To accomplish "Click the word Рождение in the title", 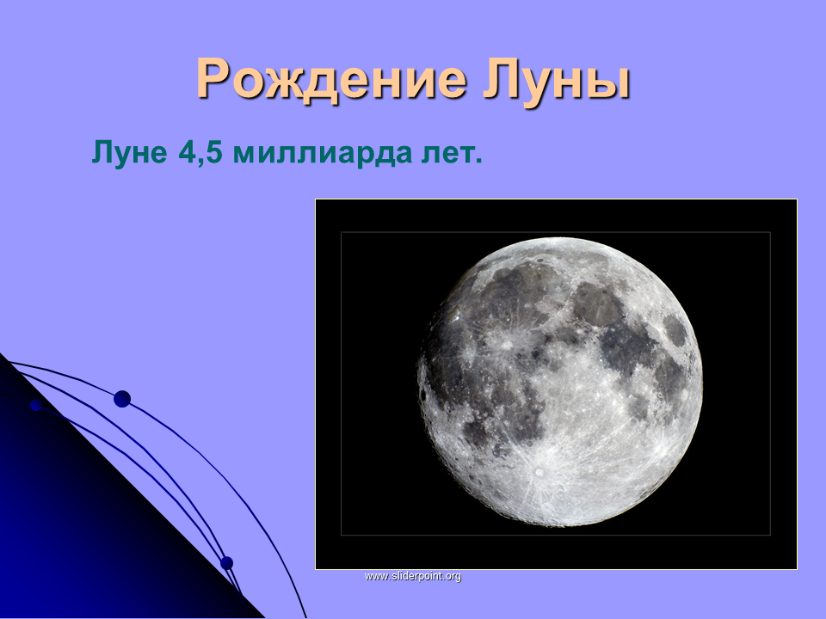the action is coord(331,81).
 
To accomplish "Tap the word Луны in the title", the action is coord(557,79).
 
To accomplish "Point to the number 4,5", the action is coord(200,154).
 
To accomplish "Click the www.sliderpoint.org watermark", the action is coord(413,576).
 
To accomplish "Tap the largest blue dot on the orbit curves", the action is coord(122,399).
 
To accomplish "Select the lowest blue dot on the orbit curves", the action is coord(226,563).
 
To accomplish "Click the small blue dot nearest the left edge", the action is coord(36,405).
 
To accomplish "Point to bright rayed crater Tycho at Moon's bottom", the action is coord(539,472).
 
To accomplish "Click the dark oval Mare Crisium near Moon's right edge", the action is coord(675,330).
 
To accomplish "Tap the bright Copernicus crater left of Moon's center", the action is coord(507,345).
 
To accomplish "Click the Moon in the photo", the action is coord(560,382).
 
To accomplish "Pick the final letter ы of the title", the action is coord(609,83).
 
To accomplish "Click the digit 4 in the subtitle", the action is coord(187,153).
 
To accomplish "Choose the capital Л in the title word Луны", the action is coord(501,79).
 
